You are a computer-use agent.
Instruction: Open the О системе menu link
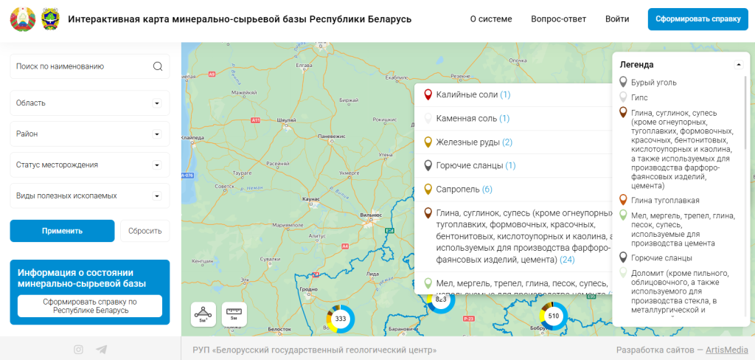tap(491, 19)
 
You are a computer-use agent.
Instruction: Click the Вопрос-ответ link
tap(558, 19)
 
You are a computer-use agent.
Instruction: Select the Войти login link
tap(617, 19)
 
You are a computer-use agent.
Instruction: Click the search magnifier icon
tap(158, 66)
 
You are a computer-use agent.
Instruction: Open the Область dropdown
tap(90, 103)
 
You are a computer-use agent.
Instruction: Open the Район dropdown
tap(90, 134)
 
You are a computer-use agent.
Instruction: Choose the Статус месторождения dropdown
tap(90, 165)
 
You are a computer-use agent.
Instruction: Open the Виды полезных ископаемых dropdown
tap(90, 195)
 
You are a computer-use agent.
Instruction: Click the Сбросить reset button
tap(145, 231)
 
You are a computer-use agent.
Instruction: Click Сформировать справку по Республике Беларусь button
tap(90, 305)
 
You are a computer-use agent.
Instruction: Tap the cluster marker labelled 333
tap(341, 319)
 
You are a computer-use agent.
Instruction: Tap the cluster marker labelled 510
tap(554, 316)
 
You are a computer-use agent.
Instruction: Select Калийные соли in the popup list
tap(467, 95)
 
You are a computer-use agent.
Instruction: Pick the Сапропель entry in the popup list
tap(458, 190)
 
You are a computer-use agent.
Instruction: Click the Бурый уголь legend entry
tap(653, 83)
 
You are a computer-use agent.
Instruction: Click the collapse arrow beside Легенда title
tap(739, 65)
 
